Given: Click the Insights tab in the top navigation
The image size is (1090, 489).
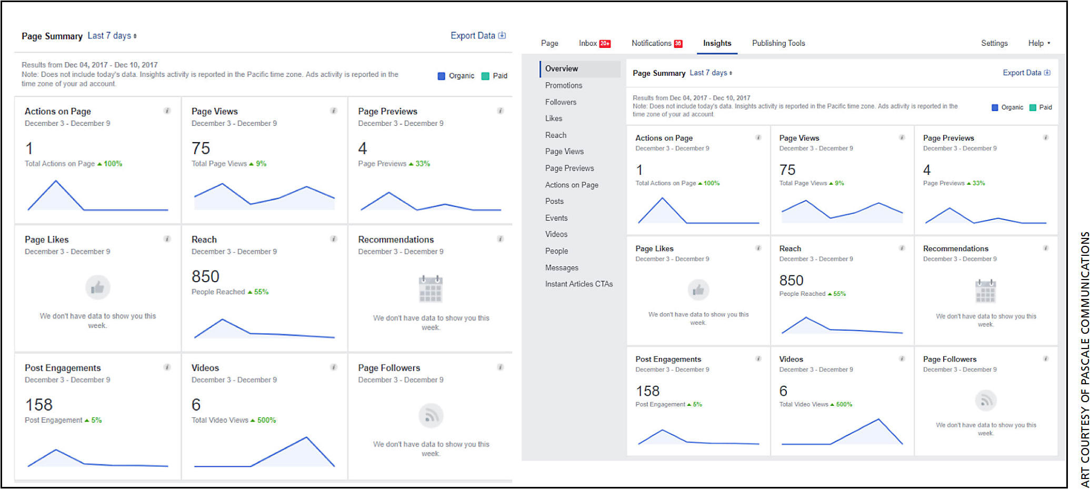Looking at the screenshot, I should coord(717,43).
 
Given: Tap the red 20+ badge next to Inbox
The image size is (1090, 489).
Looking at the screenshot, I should coord(605,44).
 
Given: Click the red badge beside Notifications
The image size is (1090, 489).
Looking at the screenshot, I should coord(678,44).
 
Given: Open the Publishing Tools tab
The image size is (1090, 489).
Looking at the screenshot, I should coord(778,43).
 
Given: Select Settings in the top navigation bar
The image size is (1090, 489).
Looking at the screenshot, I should coord(994,43).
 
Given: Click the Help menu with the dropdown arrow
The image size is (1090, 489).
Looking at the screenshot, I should coord(1038,43).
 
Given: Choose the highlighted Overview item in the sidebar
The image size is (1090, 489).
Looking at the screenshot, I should coord(561,68).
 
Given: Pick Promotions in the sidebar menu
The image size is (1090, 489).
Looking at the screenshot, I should coord(563,85).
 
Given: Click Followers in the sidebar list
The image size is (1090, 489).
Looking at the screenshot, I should coord(561,102).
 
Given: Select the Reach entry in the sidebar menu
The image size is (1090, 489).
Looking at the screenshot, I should coord(555,135).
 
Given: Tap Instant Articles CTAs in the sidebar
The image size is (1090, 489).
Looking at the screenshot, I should coord(578,284).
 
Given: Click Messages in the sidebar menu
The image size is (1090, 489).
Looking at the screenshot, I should coord(561,268).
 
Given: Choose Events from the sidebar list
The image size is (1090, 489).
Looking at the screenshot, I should coord(556,218).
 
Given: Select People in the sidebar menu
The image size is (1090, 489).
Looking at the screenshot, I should coord(556,251).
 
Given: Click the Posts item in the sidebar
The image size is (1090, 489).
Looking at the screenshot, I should coord(554,201).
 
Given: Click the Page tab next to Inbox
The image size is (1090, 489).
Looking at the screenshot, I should coord(549,43).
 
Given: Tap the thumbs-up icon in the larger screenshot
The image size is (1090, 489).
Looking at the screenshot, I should coord(97,287).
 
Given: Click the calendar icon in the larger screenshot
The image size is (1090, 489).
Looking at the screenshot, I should coord(431,288).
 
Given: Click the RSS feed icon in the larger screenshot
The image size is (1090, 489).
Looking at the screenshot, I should coord(431,416).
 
